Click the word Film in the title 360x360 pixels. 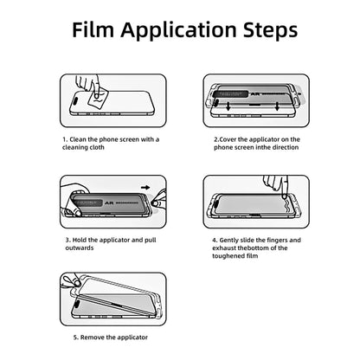pyautogui.click(x=93, y=29)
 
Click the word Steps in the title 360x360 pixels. pyautogui.click(x=271, y=31)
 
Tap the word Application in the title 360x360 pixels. pyautogui.click(x=178, y=31)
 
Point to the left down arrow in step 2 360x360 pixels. pyautogui.click(x=228, y=106)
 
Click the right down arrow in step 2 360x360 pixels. pyautogui.click(x=277, y=106)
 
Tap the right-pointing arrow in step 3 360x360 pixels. pyautogui.click(x=147, y=188)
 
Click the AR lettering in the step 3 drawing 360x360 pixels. pyautogui.click(x=109, y=203)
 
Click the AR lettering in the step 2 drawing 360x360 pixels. pyautogui.click(x=255, y=94)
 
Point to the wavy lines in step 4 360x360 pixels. pyautogui.click(x=289, y=208)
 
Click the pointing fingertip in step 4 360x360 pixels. pyautogui.click(x=285, y=196)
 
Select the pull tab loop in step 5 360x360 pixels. pyautogui.click(x=67, y=280)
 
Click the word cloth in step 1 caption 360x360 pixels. pyautogui.click(x=96, y=147)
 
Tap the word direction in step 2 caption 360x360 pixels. pyautogui.click(x=283, y=147)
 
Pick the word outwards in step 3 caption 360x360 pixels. pyautogui.click(x=80, y=247)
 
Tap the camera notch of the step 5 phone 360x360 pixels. pyautogui.click(x=78, y=303)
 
